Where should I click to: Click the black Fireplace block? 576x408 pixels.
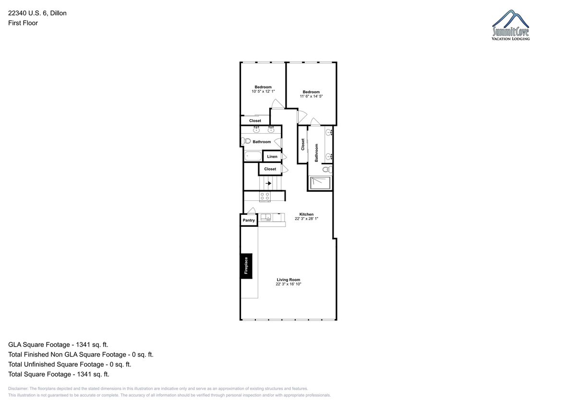246,266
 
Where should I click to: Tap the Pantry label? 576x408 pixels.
249,220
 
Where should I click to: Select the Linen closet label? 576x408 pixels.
272,157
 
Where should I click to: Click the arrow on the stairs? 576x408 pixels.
268,183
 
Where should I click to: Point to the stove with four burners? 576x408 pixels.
265,197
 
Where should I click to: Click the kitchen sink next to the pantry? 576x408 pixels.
265,218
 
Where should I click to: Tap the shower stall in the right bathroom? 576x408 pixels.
321,183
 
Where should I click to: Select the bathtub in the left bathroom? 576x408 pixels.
253,156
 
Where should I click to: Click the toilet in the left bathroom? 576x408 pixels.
246,141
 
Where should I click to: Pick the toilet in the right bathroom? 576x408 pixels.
327,169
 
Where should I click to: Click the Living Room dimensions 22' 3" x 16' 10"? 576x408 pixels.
288,284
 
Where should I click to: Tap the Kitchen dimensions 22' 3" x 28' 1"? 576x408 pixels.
306,219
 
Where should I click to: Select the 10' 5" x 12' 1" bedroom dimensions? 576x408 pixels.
263,91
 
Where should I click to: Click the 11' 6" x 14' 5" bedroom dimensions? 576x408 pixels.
311,96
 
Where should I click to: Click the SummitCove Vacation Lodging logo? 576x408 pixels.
511,25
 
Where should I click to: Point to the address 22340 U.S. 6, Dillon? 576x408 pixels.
37,13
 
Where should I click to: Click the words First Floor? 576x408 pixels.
23,23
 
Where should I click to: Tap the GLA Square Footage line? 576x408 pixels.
58,345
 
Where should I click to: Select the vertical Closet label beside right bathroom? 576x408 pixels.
303,144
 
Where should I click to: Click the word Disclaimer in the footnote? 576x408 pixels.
18,388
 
